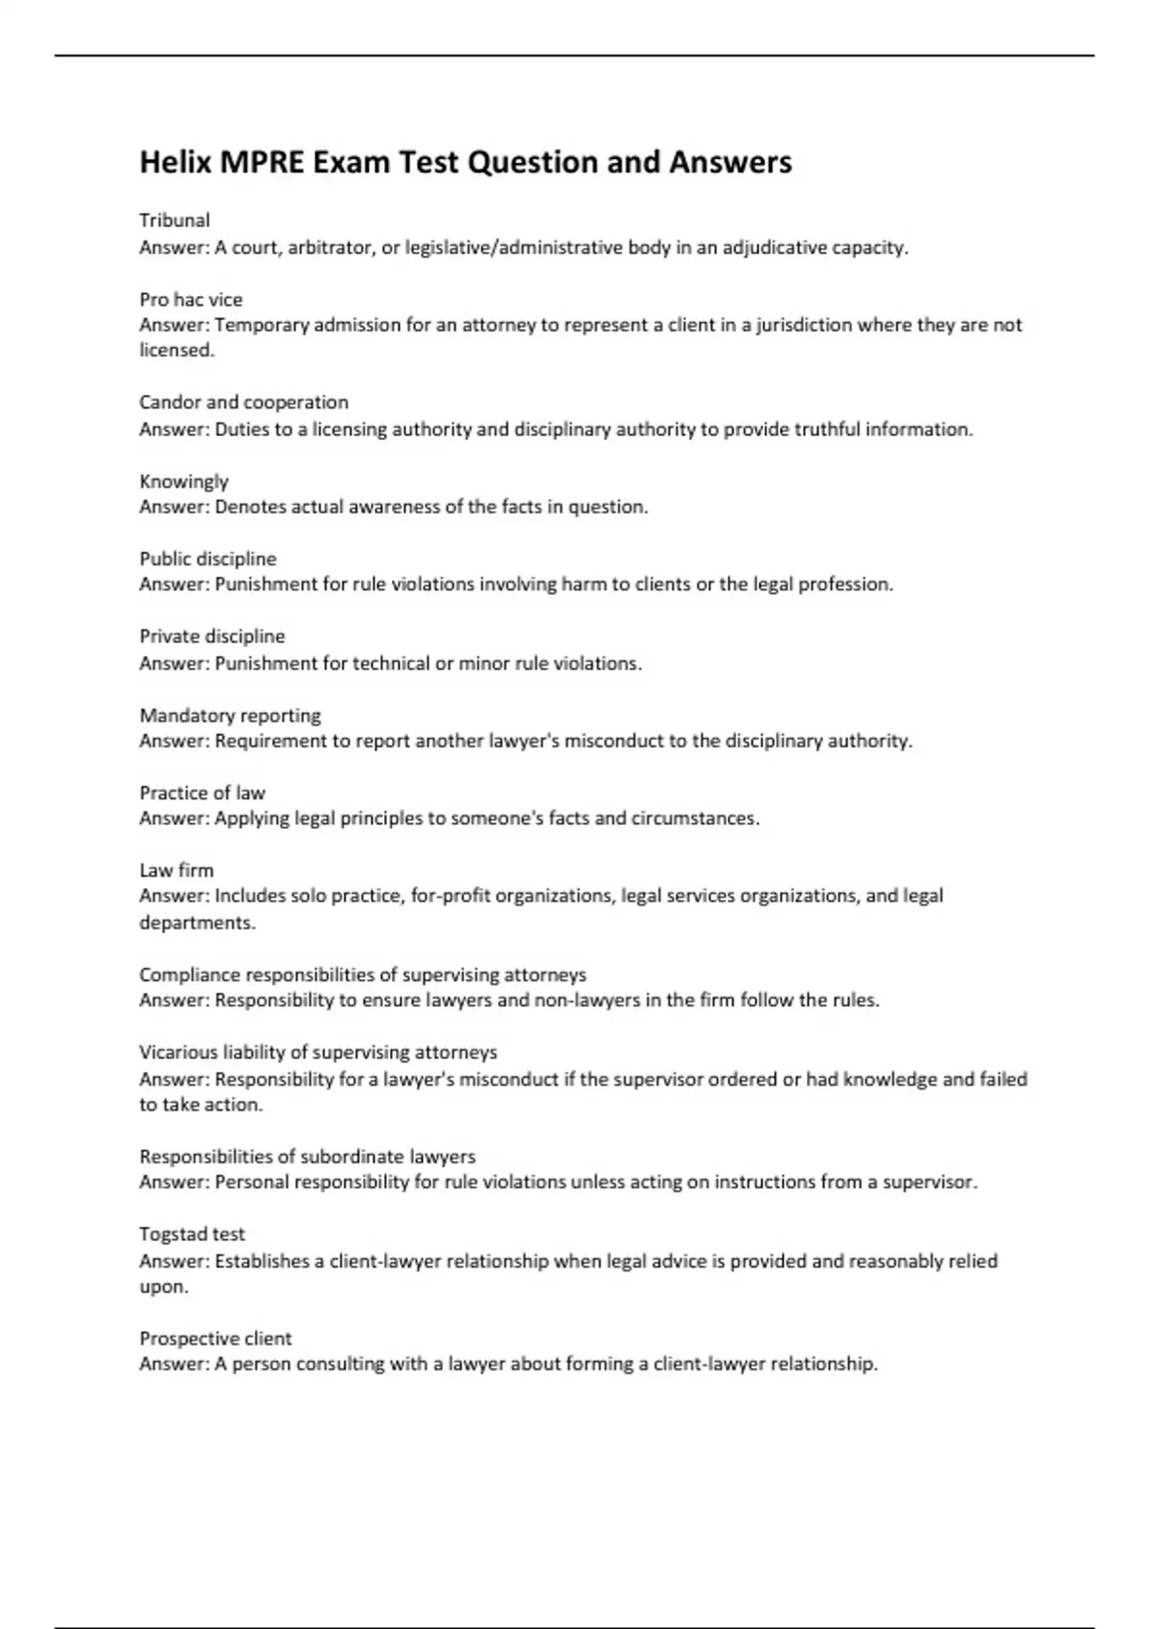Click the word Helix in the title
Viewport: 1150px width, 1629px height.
175,162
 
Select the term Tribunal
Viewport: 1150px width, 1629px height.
174,220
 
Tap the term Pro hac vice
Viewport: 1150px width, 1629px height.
191,299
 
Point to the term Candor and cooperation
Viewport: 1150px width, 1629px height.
243,402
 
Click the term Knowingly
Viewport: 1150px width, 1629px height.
184,481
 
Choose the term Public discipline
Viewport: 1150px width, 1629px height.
208,559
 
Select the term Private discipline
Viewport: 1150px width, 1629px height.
212,636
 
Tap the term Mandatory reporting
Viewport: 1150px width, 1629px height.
230,715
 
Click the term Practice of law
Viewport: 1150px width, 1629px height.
202,792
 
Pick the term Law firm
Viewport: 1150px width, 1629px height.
176,870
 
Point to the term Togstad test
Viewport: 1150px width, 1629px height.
192,1234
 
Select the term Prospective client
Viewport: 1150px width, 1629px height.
216,1339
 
